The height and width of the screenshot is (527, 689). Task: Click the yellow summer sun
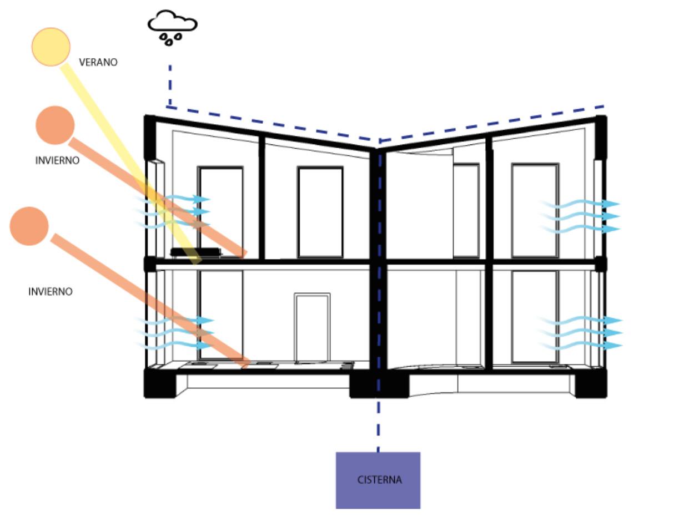pyautogui.click(x=51, y=47)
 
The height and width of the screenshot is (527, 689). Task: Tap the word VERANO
pyautogui.click(x=98, y=62)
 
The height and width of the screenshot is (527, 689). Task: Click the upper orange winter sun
pyautogui.click(x=55, y=125)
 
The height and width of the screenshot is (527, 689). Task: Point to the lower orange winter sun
pyautogui.click(x=29, y=226)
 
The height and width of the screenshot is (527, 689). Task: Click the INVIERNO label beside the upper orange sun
pyautogui.click(x=57, y=160)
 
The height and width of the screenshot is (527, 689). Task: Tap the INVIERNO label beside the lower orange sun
pyautogui.click(x=51, y=291)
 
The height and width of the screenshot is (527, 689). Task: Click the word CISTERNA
pyautogui.click(x=379, y=480)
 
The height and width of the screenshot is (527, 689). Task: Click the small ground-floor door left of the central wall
pyautogui.click(x=312, y=328)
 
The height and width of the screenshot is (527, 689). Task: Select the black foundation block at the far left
pyautogui.click(x=159, y=383)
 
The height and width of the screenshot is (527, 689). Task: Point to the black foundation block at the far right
pyautogui.click(x=591, y=384)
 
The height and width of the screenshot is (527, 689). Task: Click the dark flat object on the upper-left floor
pyautogui.click(x=195, y=252)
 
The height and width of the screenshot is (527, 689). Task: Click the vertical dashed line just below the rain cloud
pyautogui.click(x=169, y=83)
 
